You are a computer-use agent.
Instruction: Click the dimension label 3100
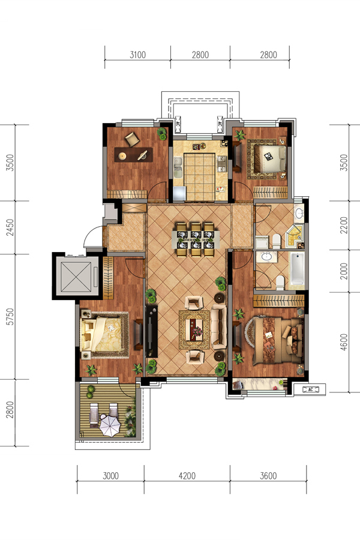pyautogui.click(x=138, y=55)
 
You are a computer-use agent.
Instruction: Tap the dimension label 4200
pyautogui.click(x=187, y=476)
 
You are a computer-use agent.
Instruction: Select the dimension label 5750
pyautogui.click(x=10, y=317)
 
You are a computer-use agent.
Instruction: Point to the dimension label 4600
pyautogui.click(x=343, y=343)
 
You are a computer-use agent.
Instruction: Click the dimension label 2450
pyautogui.click(x=10, y=227)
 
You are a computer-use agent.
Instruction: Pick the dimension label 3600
pyautogui.click(x=268, y=476)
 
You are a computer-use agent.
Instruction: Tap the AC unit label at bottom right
pyautogui.click(x=310, y=389)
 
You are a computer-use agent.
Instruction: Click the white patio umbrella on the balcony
pyautogui.click(x=110, y=425)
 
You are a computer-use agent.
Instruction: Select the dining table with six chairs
pyautogui.click(x=196, y=239)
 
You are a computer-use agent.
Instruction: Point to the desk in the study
pyautogui.click(x=133, y=155)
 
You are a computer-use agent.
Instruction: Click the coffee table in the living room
pyautogui.click(x=194, y=329)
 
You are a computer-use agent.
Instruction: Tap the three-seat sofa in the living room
pyautogui.click(x=218, y=326)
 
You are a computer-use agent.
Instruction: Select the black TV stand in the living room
pyautogui.click(x=151, y=331)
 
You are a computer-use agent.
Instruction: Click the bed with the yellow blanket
pyautogui.click(x=103, y=334)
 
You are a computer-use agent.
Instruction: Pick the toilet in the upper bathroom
pyautogui.click(x=276, y=241)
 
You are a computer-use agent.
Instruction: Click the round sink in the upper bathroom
pyautogui.click(x=299, y=214)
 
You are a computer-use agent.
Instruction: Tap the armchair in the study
pyautogui.click(x=132, y=139)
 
